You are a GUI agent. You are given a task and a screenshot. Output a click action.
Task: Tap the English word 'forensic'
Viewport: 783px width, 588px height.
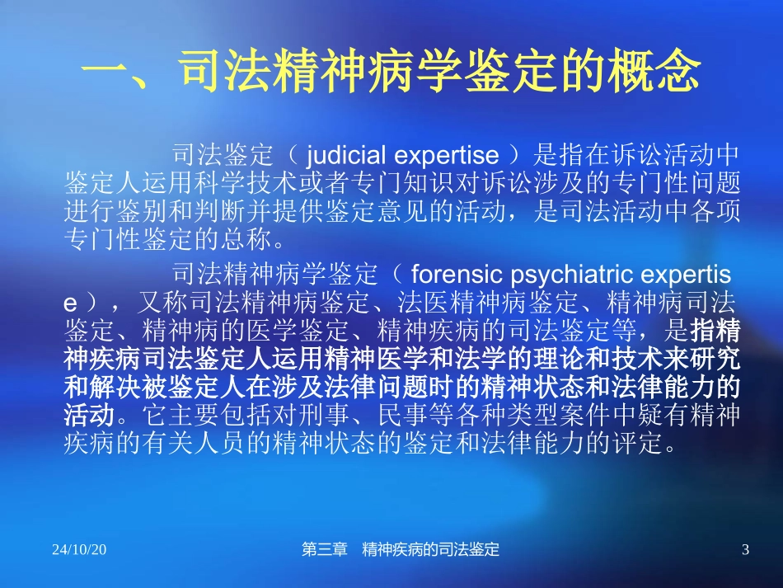tap(452, 274)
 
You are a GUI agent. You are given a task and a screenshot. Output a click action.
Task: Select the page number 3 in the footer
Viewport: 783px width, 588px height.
tap(745, 550)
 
